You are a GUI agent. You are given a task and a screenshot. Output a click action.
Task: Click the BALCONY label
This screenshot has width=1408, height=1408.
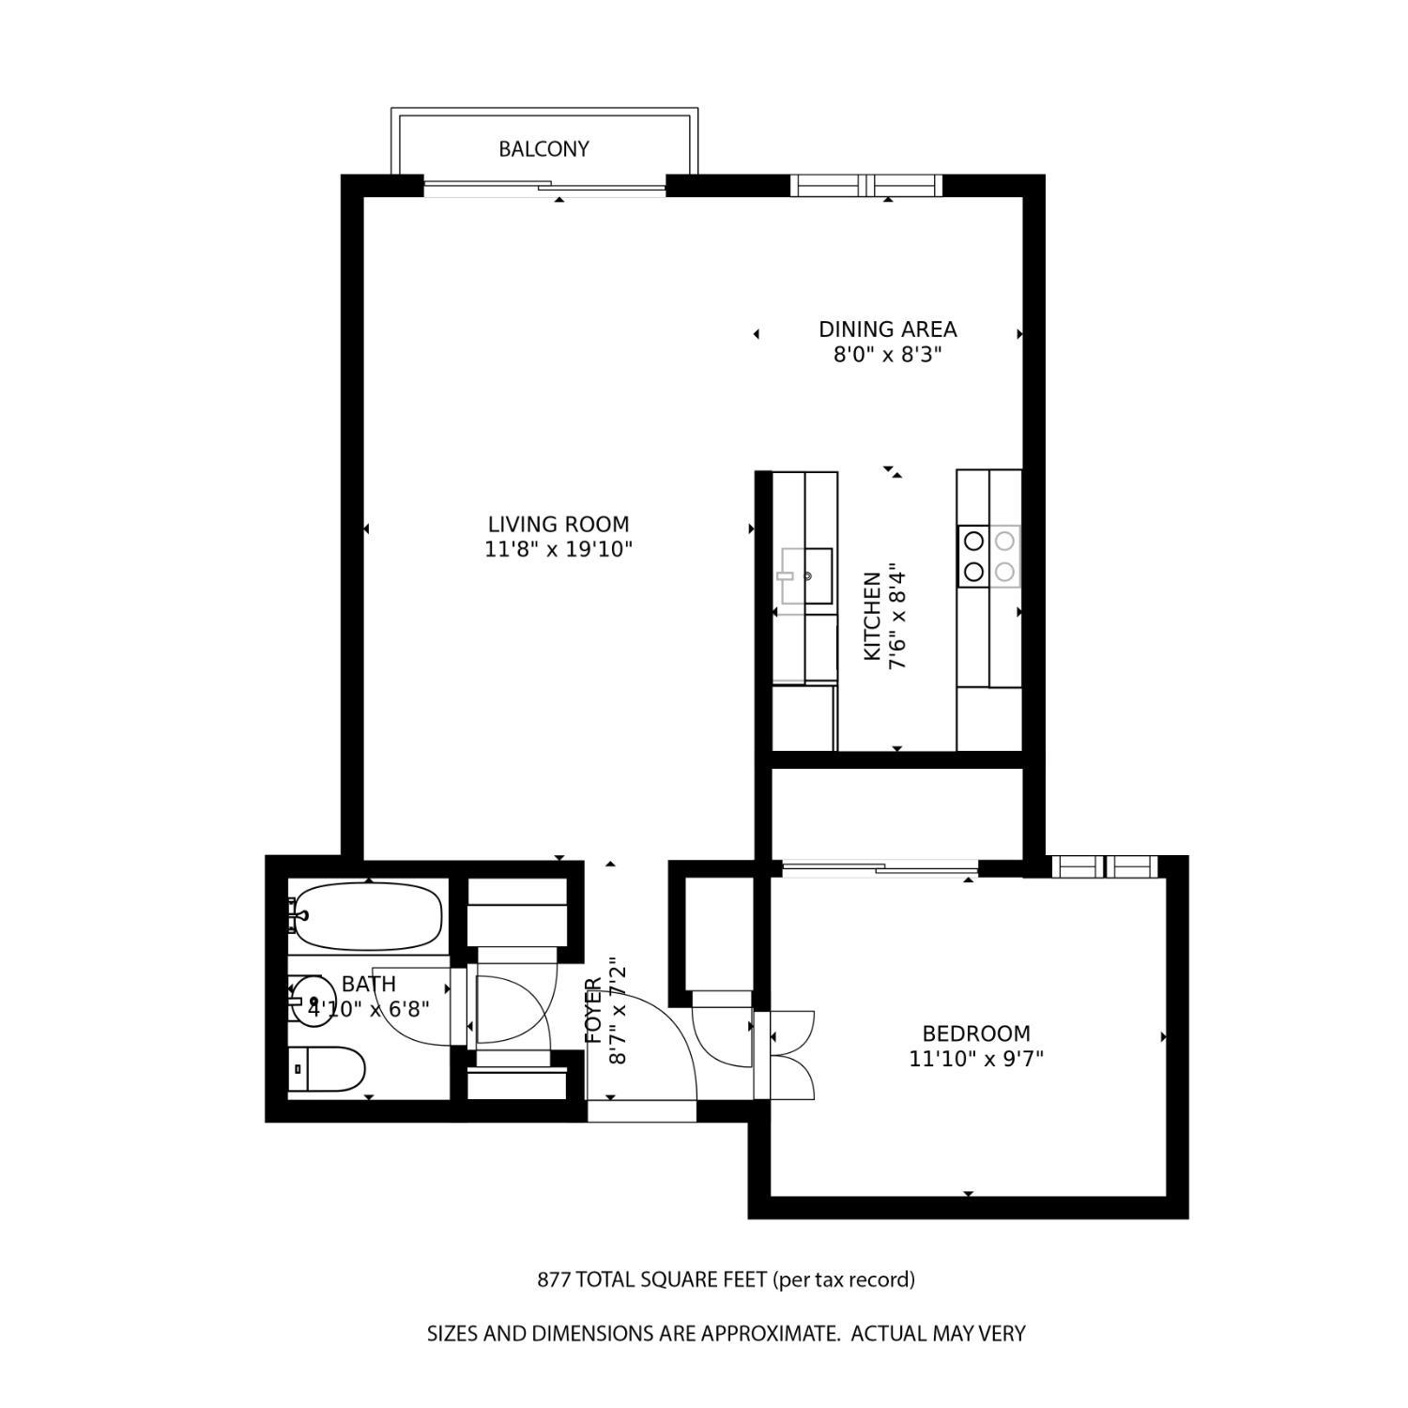[543, 148]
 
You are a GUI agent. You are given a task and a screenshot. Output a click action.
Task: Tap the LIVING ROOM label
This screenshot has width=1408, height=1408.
[559, 524]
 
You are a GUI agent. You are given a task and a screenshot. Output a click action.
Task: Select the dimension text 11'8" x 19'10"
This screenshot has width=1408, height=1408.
[559, 549]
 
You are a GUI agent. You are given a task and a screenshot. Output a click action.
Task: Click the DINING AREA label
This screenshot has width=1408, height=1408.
[887, 329]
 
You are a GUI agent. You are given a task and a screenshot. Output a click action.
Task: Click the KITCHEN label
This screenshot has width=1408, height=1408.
[872, 616]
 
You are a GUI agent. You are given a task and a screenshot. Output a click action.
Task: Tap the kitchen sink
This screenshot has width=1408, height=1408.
[804, 575]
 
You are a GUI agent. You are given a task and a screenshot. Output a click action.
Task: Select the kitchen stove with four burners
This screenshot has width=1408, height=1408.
[988, 555]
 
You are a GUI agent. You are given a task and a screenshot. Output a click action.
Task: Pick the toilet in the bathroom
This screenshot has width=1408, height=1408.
[327, 1069]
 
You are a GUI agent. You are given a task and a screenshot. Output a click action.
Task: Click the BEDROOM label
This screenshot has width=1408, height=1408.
[976, 1033]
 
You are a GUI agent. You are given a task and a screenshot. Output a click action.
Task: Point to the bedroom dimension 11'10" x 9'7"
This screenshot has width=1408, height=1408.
[976, 1059]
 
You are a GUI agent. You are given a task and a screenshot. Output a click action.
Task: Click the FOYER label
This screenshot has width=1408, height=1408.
[593, 1011]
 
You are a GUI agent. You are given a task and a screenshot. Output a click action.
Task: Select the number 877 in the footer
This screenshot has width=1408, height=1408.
[553, 1279]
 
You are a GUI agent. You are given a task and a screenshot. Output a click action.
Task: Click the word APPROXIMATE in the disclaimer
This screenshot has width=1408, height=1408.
[768, 1333]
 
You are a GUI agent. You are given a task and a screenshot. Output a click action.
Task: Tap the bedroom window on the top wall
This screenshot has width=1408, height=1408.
[1104, 865]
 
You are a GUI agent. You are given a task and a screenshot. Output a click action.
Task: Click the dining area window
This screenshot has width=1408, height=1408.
[865, 185]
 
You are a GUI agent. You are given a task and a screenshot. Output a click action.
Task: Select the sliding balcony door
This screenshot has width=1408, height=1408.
[544, 188]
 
